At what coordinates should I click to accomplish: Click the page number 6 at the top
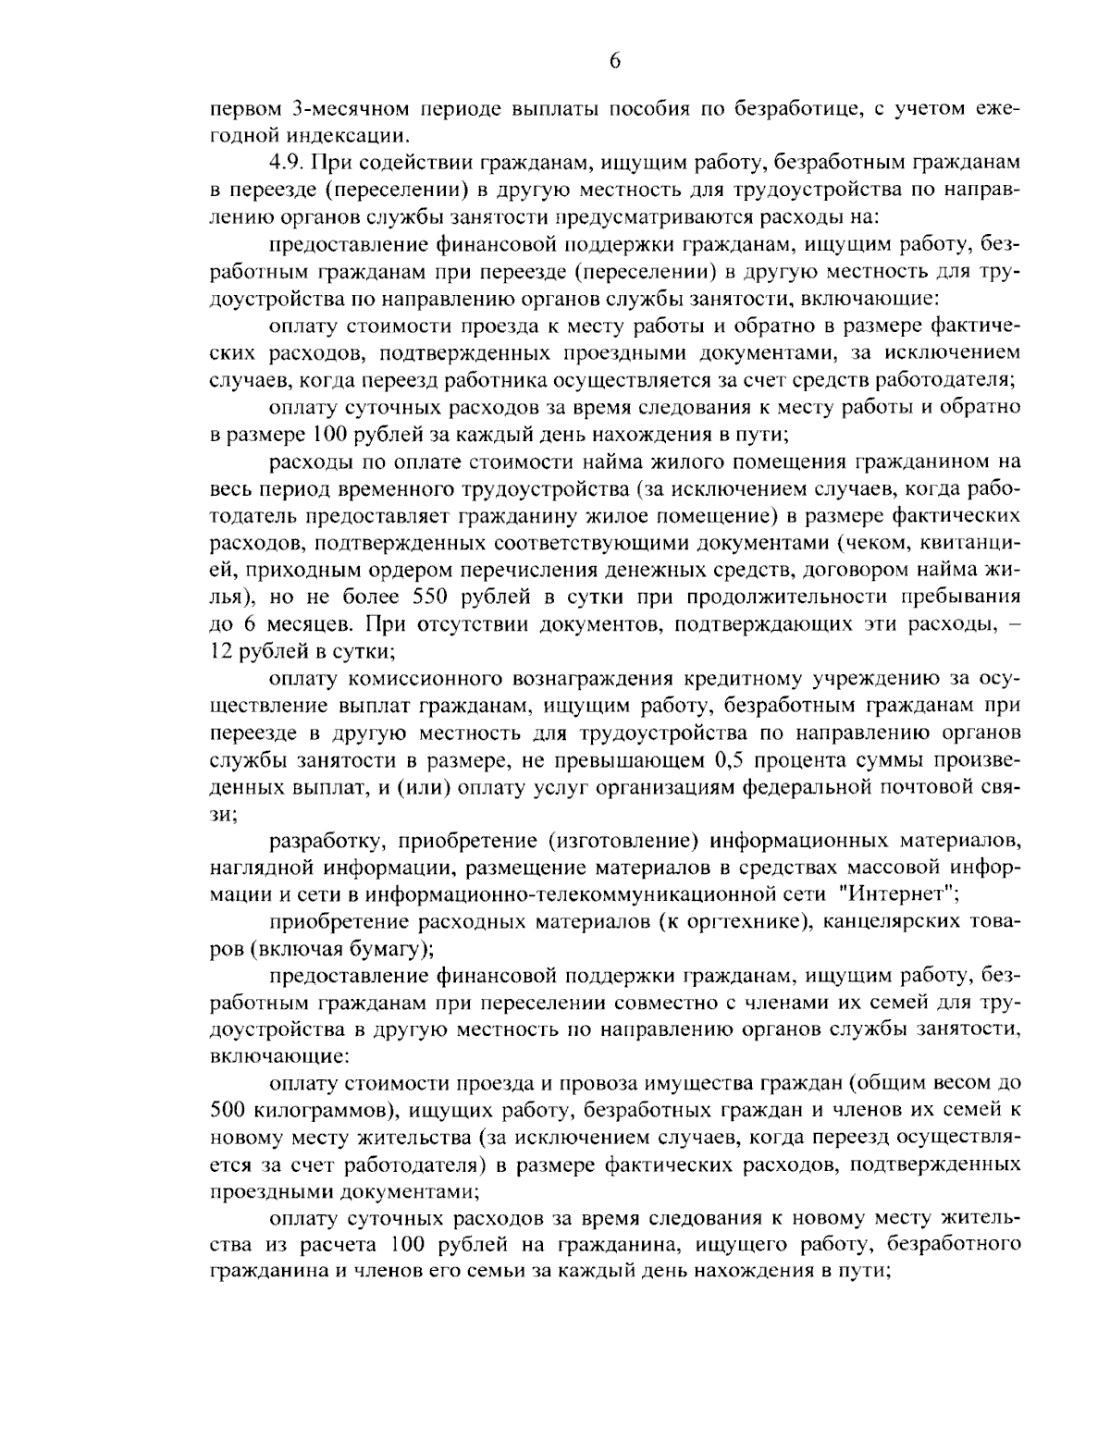(615, 61)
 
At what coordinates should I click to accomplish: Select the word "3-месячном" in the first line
(342, 108)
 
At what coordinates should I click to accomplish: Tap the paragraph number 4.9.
(282, 163)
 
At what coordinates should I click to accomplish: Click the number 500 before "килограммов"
(228, 1108)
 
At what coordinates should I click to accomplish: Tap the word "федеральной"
(806, 787)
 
